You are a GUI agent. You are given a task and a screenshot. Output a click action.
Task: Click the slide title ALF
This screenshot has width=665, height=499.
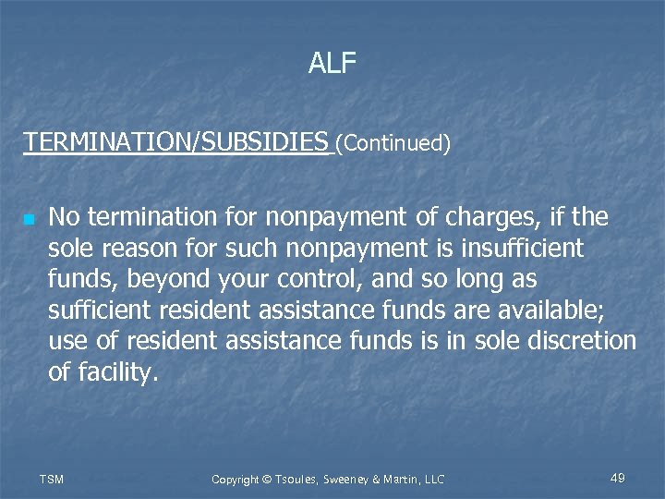coord(332,63)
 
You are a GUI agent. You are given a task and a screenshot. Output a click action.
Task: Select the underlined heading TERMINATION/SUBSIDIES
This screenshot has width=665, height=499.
coord(175,142)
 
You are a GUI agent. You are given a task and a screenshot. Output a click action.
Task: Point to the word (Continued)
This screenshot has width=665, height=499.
coord(393,143)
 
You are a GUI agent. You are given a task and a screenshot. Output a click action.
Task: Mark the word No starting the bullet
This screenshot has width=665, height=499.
coord(64,217)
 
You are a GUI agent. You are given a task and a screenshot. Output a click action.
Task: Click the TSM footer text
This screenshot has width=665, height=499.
coord(52,479)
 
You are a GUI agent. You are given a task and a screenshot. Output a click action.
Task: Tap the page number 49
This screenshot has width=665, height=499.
coord(618,478)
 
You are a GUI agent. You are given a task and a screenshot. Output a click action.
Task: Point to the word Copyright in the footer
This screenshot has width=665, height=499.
coord(236,479)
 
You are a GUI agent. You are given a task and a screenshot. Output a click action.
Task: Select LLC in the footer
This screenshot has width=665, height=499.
coord(432,479)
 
